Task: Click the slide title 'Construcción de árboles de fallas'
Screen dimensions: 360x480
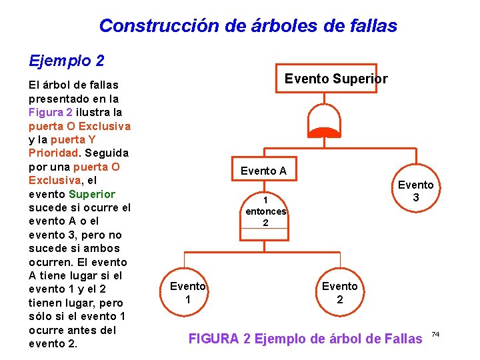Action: coord(248,26)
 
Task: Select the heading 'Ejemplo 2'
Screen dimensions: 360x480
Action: coord(67,61)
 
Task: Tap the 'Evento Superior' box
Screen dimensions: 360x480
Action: coord(335,79)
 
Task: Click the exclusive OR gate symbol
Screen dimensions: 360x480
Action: coord(323,123)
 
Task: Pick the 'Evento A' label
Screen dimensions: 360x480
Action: coord(263,171)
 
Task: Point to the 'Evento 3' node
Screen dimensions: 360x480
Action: coord(415,191)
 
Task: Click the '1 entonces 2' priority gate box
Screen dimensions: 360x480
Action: coord(265,211)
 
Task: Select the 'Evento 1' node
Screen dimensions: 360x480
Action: coord(187,293)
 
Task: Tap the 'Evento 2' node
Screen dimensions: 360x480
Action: coord(339,293)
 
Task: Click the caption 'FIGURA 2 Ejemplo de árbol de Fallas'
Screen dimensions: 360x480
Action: coord(305,339)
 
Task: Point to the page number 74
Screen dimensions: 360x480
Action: coord(436,333)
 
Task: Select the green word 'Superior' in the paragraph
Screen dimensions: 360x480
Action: coord(92,194)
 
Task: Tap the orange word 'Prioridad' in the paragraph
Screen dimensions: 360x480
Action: coord(54,153)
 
